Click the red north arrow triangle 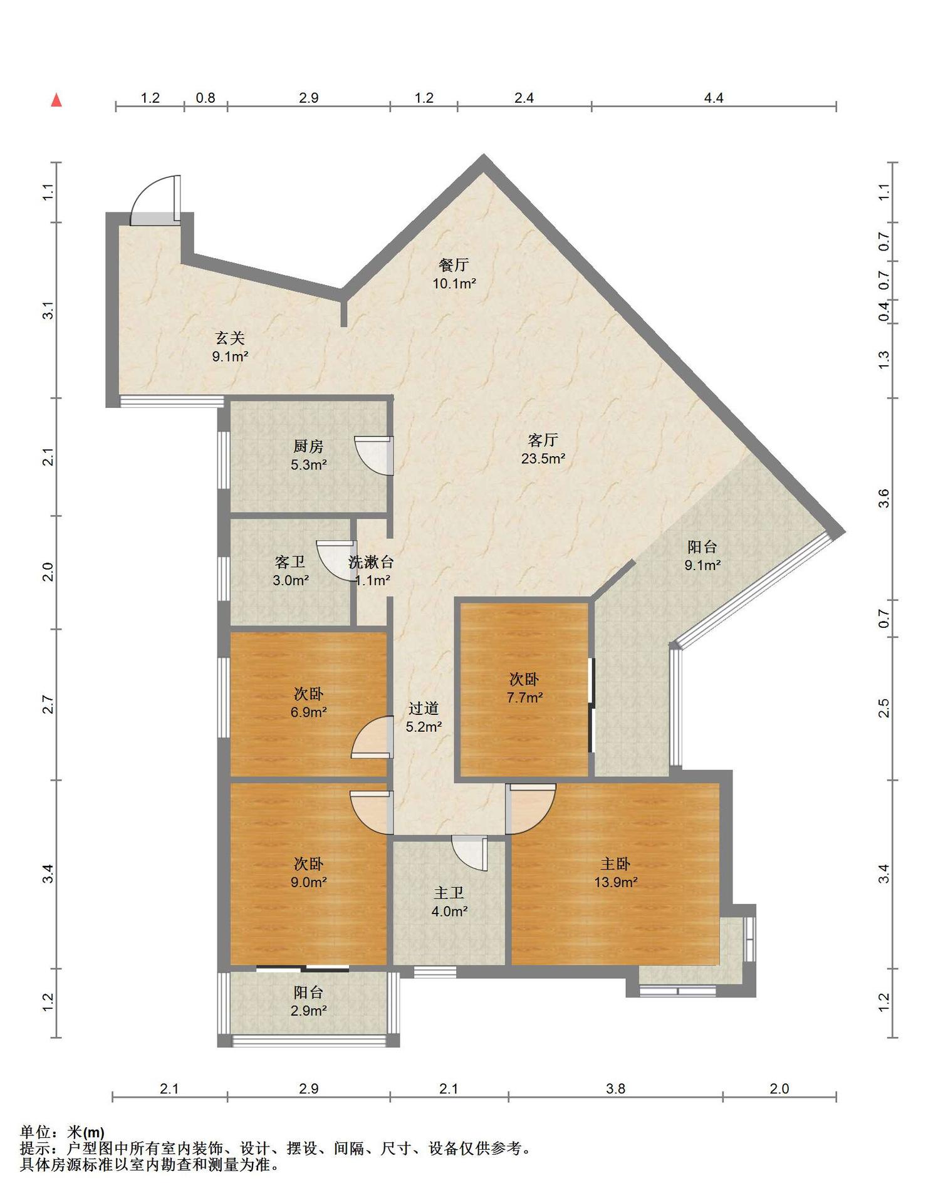(x=56, y=100)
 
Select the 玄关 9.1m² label (x=230, y=348)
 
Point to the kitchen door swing (x=373, y=456)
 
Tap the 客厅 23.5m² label (x=543, y=449)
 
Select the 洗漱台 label (x=371, y=562)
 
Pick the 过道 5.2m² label (x=424, y=717)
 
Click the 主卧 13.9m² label (x=615, y=873)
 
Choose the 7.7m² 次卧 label (x=524, y=687)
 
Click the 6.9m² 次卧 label (x=308, y=702)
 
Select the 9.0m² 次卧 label (x=308, y=873)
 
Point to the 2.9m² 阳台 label (x=308, y=1001)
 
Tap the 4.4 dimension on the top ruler (x=714, y=98)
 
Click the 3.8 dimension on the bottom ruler (x=615, y=1088)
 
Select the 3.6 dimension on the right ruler (x=883, y=499)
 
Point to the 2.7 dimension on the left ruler (x=48, y=704)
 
